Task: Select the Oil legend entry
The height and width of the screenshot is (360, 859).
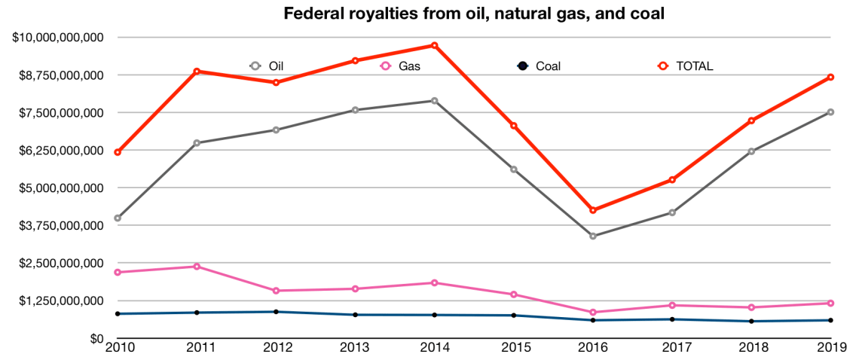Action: (x=268, y=66)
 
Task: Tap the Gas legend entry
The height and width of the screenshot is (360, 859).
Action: (x=401, y=66)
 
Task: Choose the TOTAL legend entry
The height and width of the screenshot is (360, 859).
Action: (x=686, y=66)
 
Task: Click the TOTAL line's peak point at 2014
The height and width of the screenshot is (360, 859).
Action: (x=435, y=45)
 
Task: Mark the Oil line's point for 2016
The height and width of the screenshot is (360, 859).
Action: (x=593, y=236)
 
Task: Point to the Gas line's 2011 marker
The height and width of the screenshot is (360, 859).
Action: (x=197, y=266)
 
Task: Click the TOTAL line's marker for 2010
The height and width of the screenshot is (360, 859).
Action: (x=117, y=152)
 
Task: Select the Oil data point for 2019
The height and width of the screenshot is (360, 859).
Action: (x=830, y=112)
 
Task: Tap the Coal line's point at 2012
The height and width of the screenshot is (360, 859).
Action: (x=276, y=312)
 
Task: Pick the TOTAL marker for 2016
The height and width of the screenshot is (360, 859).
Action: (x=593, y=210)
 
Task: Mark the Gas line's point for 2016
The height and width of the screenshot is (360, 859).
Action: (x=593, y=312)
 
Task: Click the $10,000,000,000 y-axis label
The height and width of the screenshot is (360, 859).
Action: (x=57, y=37)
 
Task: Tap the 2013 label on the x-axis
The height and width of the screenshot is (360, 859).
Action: (x=355, y=348)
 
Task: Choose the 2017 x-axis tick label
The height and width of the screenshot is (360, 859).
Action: (x=672, y=348)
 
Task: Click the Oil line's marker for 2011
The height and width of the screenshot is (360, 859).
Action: (x=197, y=142)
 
